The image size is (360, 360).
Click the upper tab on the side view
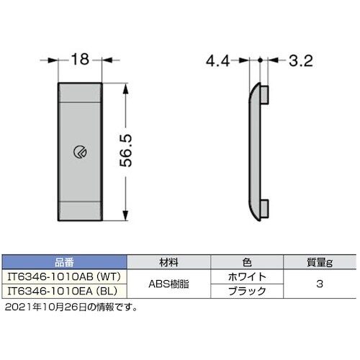(x=266, y=93)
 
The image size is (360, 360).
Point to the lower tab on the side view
(x=266, y=207)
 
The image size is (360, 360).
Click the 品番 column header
(x=63, y=262)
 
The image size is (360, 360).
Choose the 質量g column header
(x=319, y=262)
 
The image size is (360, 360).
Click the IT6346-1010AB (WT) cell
(x=63, y=276)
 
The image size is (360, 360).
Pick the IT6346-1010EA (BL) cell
(x=63, y=292)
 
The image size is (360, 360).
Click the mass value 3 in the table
(x=319, y=284)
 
